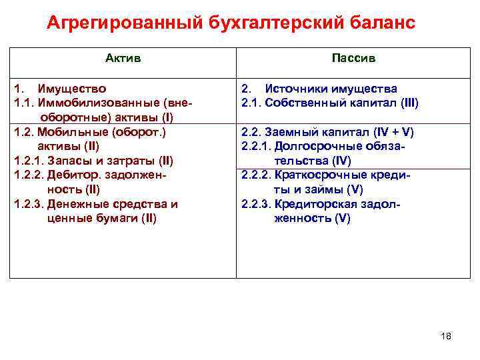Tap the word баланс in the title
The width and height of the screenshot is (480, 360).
pos(378,24)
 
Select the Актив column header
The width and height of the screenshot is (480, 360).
pos(123,59)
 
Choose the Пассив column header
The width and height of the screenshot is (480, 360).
pos(353,59)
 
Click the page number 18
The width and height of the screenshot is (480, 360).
pos(446,336)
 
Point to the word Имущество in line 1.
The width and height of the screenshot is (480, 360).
pos(72,89)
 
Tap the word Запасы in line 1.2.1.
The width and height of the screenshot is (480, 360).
pos(68,161)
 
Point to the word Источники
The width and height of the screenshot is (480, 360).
pos(293,89)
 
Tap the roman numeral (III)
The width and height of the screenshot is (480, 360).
pos(408,103)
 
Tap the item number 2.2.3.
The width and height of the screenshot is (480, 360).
pos(255,204)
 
